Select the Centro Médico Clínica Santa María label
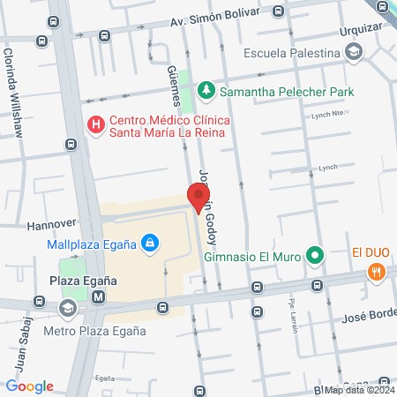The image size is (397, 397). pyautogui.click(x=167, y=125)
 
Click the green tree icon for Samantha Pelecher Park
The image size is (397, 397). pyautogui.click(x=206, y=91)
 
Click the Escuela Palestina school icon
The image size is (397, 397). pyautogui.click(x=354, y=53)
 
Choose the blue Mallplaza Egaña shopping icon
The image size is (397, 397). pyautogui.click(x=151, y=243)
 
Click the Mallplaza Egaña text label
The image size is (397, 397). pyautogui.click(x=91, y=243)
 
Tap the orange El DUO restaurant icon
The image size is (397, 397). pyautogui.click(x=378, y=272)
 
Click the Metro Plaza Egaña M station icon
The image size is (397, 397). pyautogui.click(x=99, y=297)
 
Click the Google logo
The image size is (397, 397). pyautogui.click(x=29, y=386)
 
